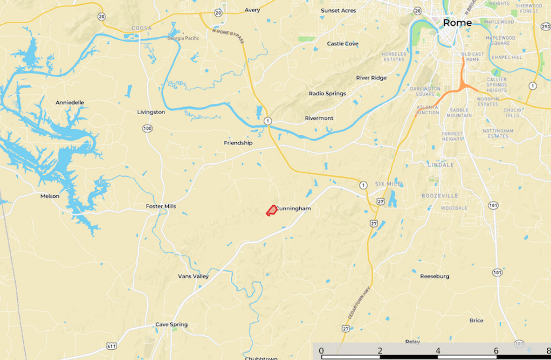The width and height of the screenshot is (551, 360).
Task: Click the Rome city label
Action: tap(457, 22)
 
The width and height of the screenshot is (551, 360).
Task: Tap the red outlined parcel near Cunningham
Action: tap(271, 210)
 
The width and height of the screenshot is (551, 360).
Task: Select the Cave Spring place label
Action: tap(172, 325)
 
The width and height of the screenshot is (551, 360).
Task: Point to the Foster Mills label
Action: tap(161, 206)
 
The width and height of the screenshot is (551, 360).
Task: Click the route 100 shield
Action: tap(148, 128)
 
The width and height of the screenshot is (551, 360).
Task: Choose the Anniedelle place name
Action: tap(70, 103)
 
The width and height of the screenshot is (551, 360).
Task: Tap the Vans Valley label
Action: tap(193, 276)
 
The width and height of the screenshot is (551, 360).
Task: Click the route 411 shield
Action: tap(111, 346)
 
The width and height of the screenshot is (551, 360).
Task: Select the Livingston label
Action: tap(151, 112)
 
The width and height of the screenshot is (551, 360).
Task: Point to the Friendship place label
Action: tap(238, 143)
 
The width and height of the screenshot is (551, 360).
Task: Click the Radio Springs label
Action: tap(327, 93)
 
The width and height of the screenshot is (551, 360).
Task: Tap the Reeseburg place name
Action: tap(434, 276)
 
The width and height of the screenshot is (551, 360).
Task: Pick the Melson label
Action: tap(50, 196)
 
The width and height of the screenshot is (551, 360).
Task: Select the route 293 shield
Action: tap(546, 27)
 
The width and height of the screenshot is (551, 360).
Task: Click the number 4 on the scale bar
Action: tap(438, 351)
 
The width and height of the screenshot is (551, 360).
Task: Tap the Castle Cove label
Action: tap(343, 44)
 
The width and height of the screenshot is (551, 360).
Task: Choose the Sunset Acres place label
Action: tap(338, 10)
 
